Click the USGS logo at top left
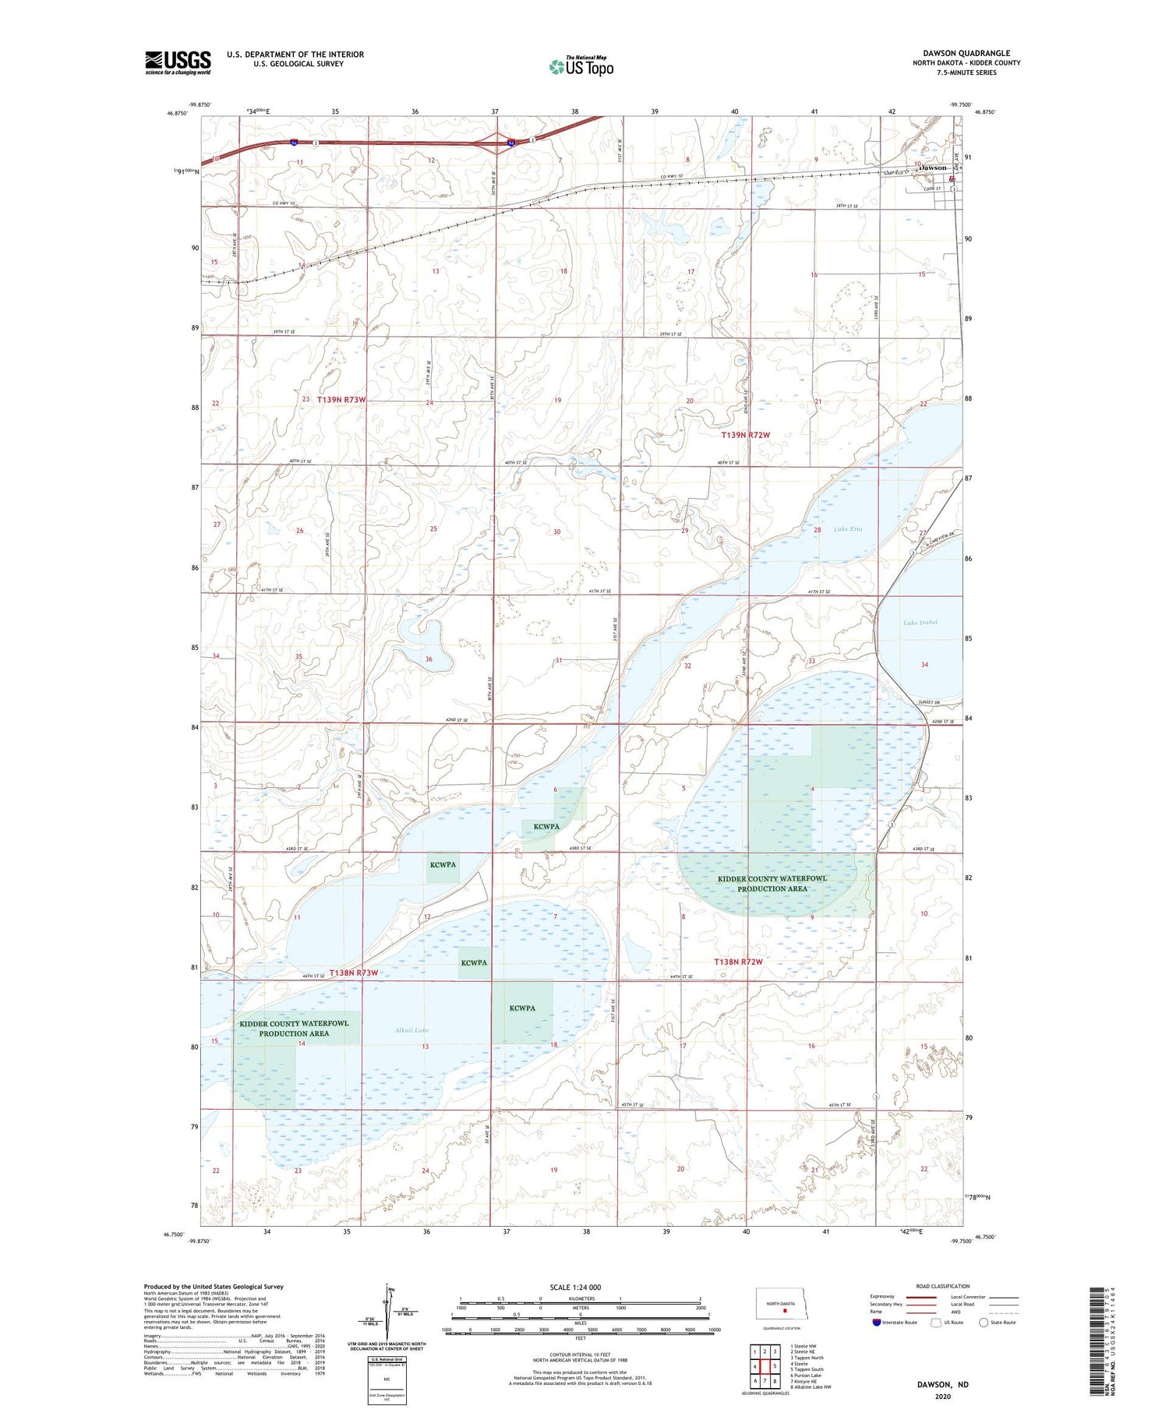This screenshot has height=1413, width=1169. [x=178, y=62]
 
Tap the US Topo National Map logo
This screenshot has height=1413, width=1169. [x=581, y=66]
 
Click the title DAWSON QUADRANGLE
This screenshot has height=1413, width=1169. [x=966, y=53]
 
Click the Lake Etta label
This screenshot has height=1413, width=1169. [x=848, y=529]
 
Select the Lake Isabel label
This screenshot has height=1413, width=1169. [x=920, y=623]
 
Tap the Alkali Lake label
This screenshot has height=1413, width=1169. [x=411, y=1030]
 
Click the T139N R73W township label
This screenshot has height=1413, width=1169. [x=341, y=399]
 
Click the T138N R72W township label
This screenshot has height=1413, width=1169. [x=738, y=962]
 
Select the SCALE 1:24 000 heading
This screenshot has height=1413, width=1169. [x=575, y=1287]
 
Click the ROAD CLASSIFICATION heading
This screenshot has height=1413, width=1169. [x=943, y=1286]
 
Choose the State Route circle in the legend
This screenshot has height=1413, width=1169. [x=984, y=1322]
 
